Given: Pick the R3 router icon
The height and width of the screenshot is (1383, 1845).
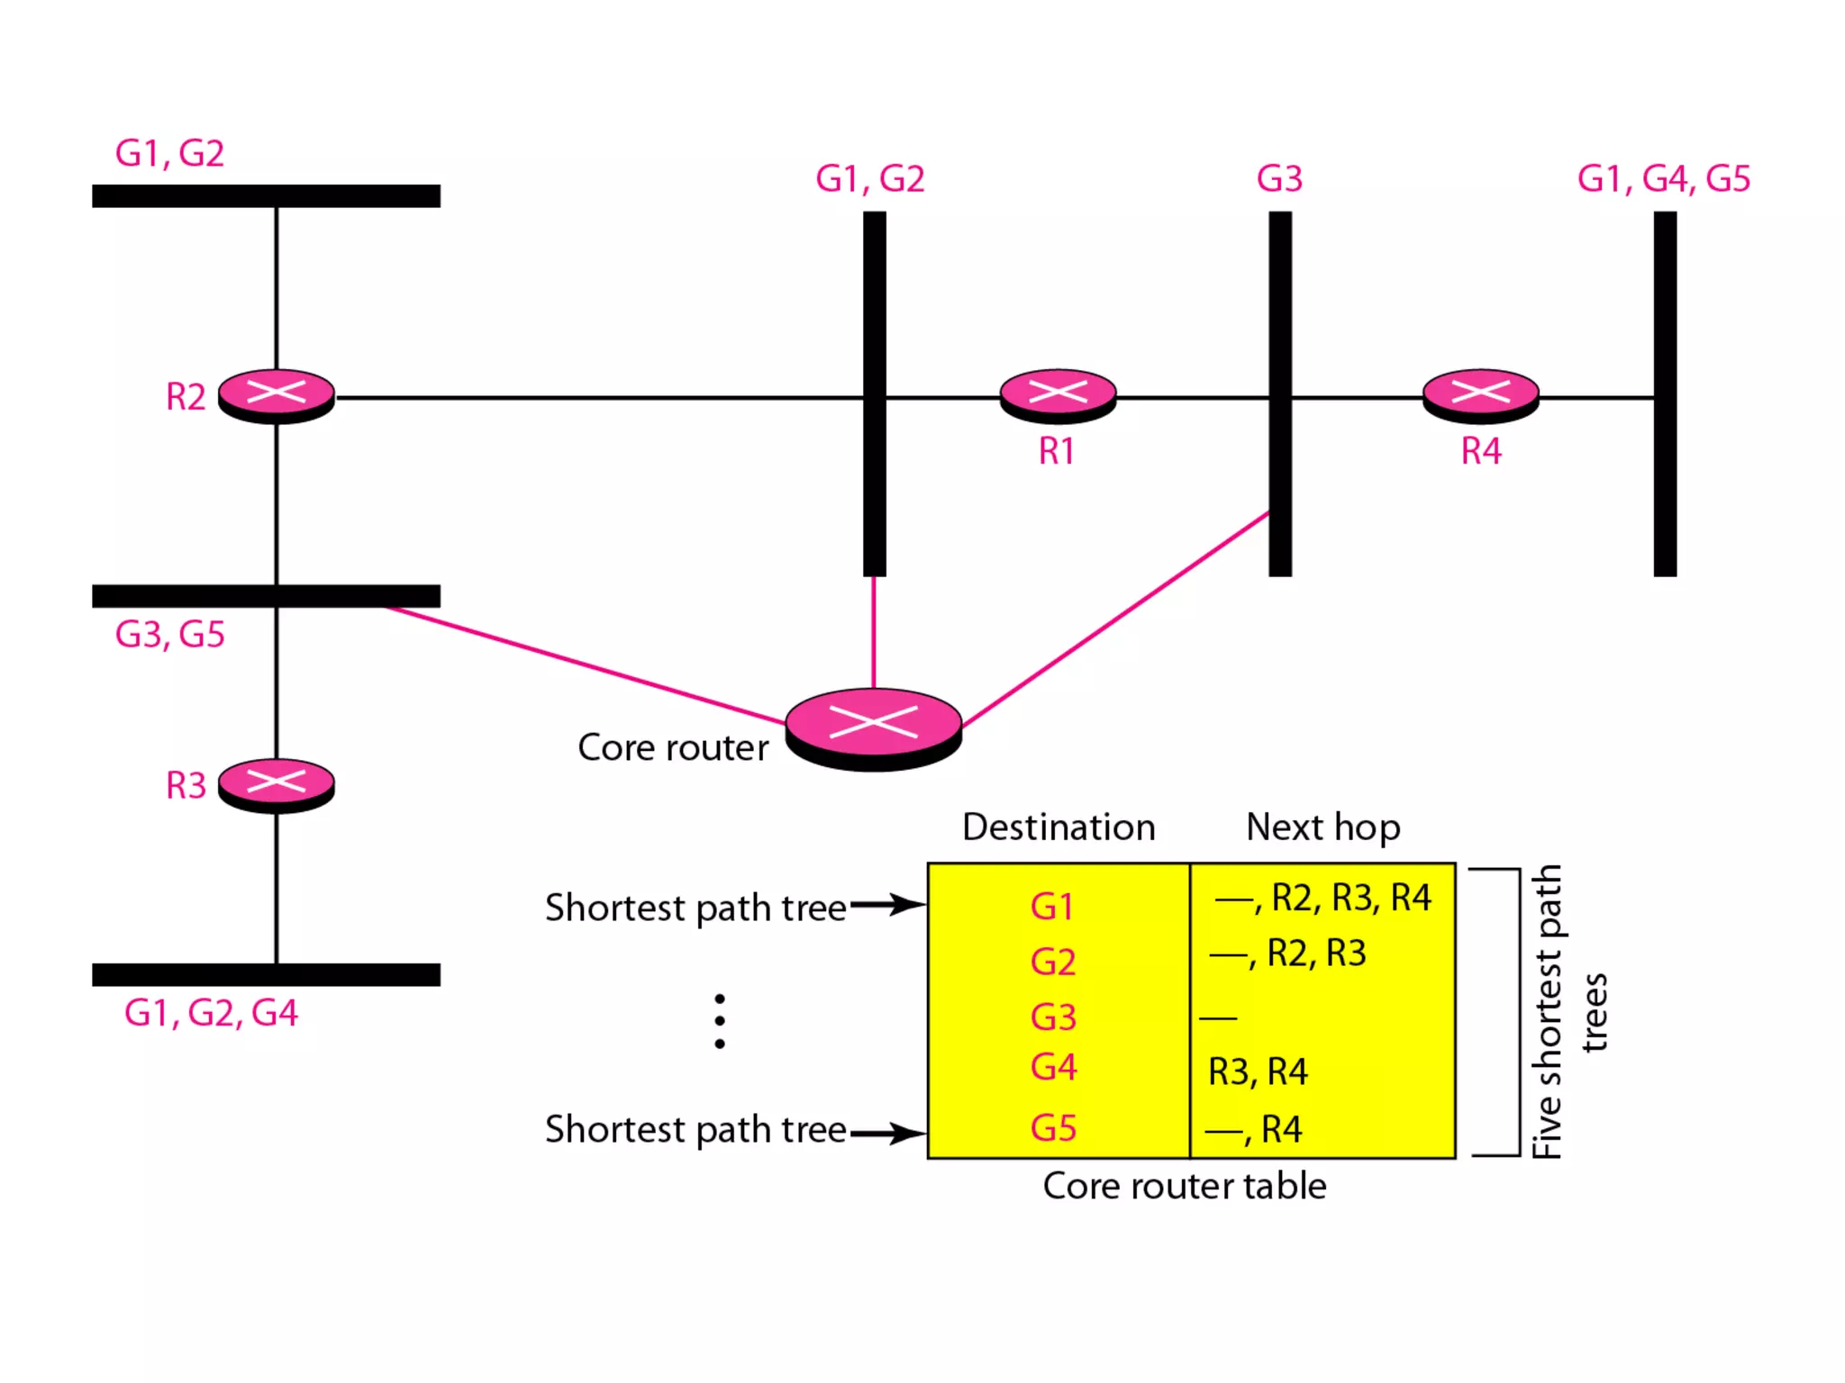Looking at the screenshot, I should [x=277, y=784].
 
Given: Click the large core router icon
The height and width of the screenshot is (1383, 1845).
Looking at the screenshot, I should [x=873, y=728].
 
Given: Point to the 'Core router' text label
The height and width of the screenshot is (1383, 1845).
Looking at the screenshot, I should [x=673, y=747].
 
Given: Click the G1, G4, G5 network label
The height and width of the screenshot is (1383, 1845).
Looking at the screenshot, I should [x=1663, y=178].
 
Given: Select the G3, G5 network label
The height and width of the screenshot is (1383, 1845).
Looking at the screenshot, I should [x=169, y=635].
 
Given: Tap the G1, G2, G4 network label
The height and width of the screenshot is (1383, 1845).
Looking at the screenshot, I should [x=211, y=1013].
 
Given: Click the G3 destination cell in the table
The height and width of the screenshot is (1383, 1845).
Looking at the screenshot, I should [x=1053, y=1017].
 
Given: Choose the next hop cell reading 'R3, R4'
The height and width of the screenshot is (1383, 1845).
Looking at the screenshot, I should [x=1258, y=1071].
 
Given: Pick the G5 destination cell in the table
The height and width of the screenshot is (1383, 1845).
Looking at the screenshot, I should [x=1053, y=1128].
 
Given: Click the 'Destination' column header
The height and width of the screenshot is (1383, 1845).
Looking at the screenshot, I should [x=1059, y=827].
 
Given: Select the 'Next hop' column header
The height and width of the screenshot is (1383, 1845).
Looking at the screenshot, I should [x=1322, y=827].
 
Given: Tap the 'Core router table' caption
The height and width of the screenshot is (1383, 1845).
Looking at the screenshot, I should [x=1184, y=1186].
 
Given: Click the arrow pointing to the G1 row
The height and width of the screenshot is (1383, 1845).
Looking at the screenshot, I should [x=887, y=904].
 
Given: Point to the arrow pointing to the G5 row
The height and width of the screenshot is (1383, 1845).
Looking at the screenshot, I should [x=887, y=1133].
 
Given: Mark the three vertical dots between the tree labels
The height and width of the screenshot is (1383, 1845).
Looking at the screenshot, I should [x=719, y=1021].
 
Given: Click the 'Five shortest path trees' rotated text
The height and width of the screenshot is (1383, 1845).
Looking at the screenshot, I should [x=1568, y=1011].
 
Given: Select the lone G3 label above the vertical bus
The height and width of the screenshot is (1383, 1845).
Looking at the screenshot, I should [x=1279, y=178].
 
